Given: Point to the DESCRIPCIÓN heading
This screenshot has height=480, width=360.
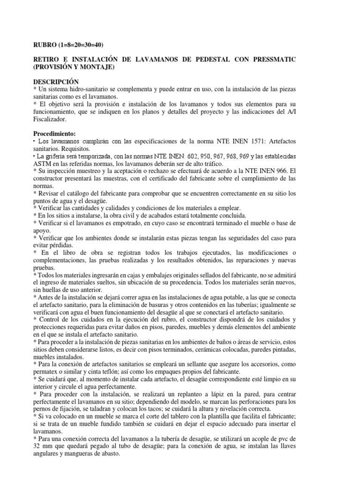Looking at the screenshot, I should [x=56, y=82].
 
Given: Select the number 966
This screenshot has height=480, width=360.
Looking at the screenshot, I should [x=295, y=171].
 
